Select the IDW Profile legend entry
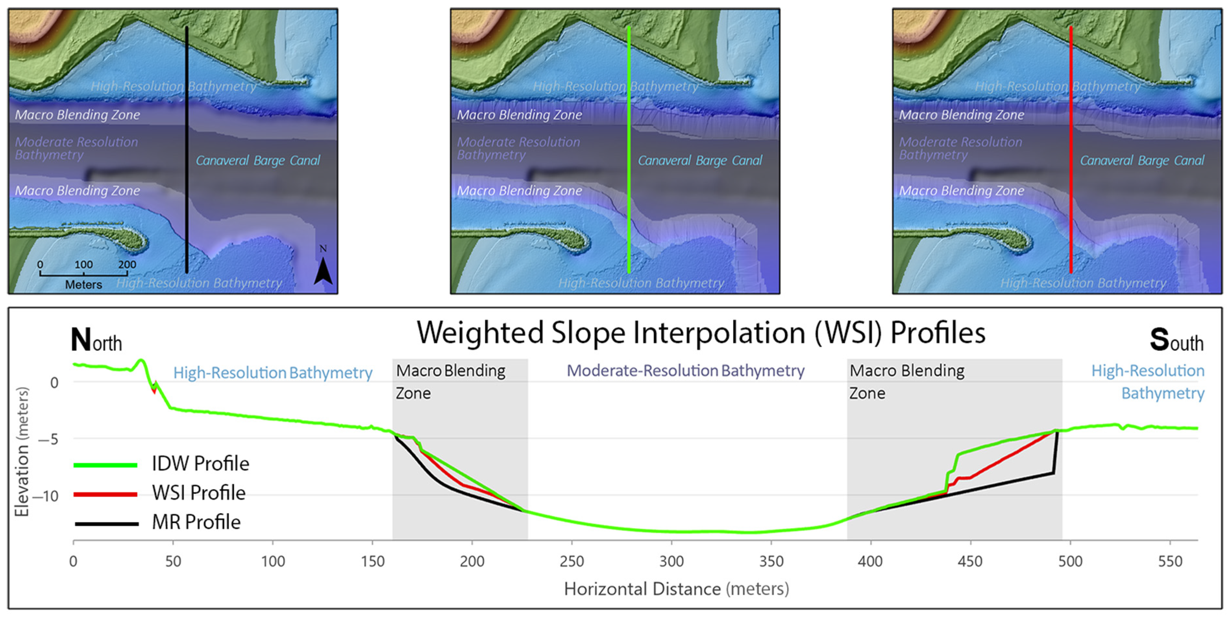pyautogui.click(x=200, y=464)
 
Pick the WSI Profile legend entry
pyautogui.click(x=198, y=493)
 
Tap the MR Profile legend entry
pyautogui.click(x=196, y=522)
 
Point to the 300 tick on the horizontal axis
pyautogui.click(x=671, y=561)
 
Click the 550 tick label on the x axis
pyautogui.click(x=1170, y=561)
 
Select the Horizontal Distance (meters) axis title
pyautogui.click(x=676, y=589)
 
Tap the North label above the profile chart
pyautogui.click(x=96, y=340)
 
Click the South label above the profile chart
pyautogui.click(x=1176, y=340)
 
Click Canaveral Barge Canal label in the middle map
pyautogui.click(x=700, y=160)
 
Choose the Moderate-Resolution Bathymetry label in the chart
pyautogui.click(x=685, y=371)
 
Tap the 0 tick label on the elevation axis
pyautogui.click(x=55, y=383)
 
